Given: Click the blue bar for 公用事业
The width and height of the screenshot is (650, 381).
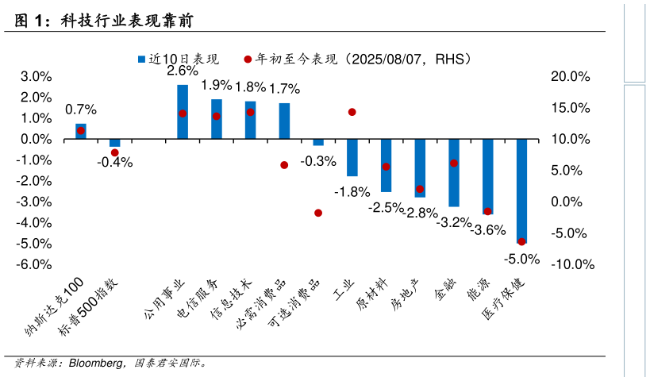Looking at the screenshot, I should click(183, 112).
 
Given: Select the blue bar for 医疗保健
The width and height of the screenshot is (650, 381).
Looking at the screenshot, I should click(521, 191).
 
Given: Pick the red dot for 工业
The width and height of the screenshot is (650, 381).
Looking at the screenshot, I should click(352, 112).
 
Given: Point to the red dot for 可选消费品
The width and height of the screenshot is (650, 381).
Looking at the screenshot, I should click(318, 213).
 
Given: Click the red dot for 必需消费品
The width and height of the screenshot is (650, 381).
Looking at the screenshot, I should click(284, 165).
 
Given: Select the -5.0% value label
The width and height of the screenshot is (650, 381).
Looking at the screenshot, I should click(522, 259).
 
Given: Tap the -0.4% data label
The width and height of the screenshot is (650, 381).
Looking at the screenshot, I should click(115, 163).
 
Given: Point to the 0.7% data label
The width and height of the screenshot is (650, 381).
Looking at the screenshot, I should click(81, 110).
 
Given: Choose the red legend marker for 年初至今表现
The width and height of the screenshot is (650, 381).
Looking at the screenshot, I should click(248, 59).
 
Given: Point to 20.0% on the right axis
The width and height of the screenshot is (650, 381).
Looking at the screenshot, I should click(571, 76).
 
